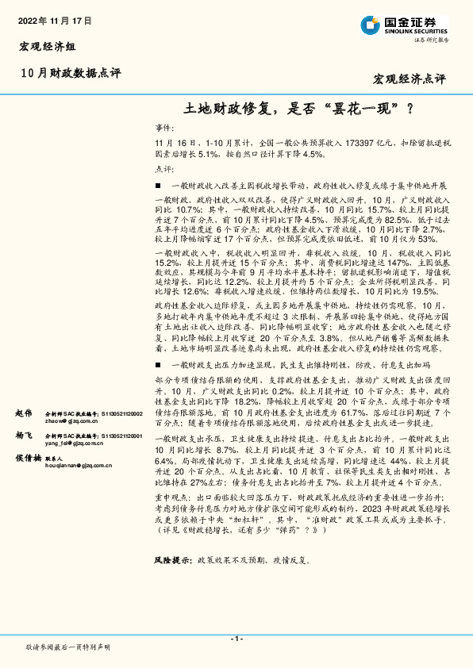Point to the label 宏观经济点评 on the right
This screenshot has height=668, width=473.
click(x=409, y=79)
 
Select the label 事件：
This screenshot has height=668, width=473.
click(x=164, y=127)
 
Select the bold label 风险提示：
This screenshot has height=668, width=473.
click(x=173, y=559)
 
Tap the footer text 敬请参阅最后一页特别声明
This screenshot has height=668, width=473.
click(x=67, y=647)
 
